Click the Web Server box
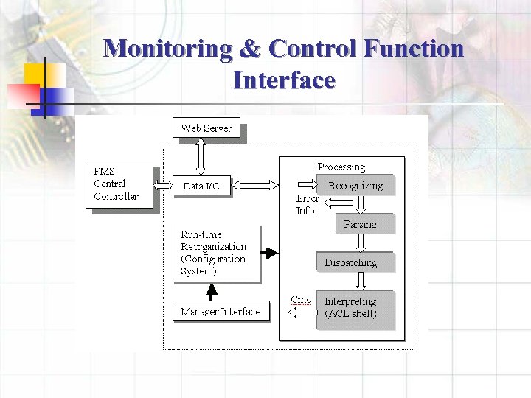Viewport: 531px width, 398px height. click(206, 128)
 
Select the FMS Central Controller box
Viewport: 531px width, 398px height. click(120, 184)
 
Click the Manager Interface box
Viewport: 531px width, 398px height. click(220, 311)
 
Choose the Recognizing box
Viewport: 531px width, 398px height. click(355, 185)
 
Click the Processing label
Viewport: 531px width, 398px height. click(341, 167)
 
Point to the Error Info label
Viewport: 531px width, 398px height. click(307, 204)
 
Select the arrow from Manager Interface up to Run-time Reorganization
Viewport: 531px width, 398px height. click(212, 292)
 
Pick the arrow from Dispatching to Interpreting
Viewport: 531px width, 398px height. click(361, 281)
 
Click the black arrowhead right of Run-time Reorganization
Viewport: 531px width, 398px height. click(271, 253)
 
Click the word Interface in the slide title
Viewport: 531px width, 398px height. click(284, 79)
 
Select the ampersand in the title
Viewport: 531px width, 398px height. click(250, 49)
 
